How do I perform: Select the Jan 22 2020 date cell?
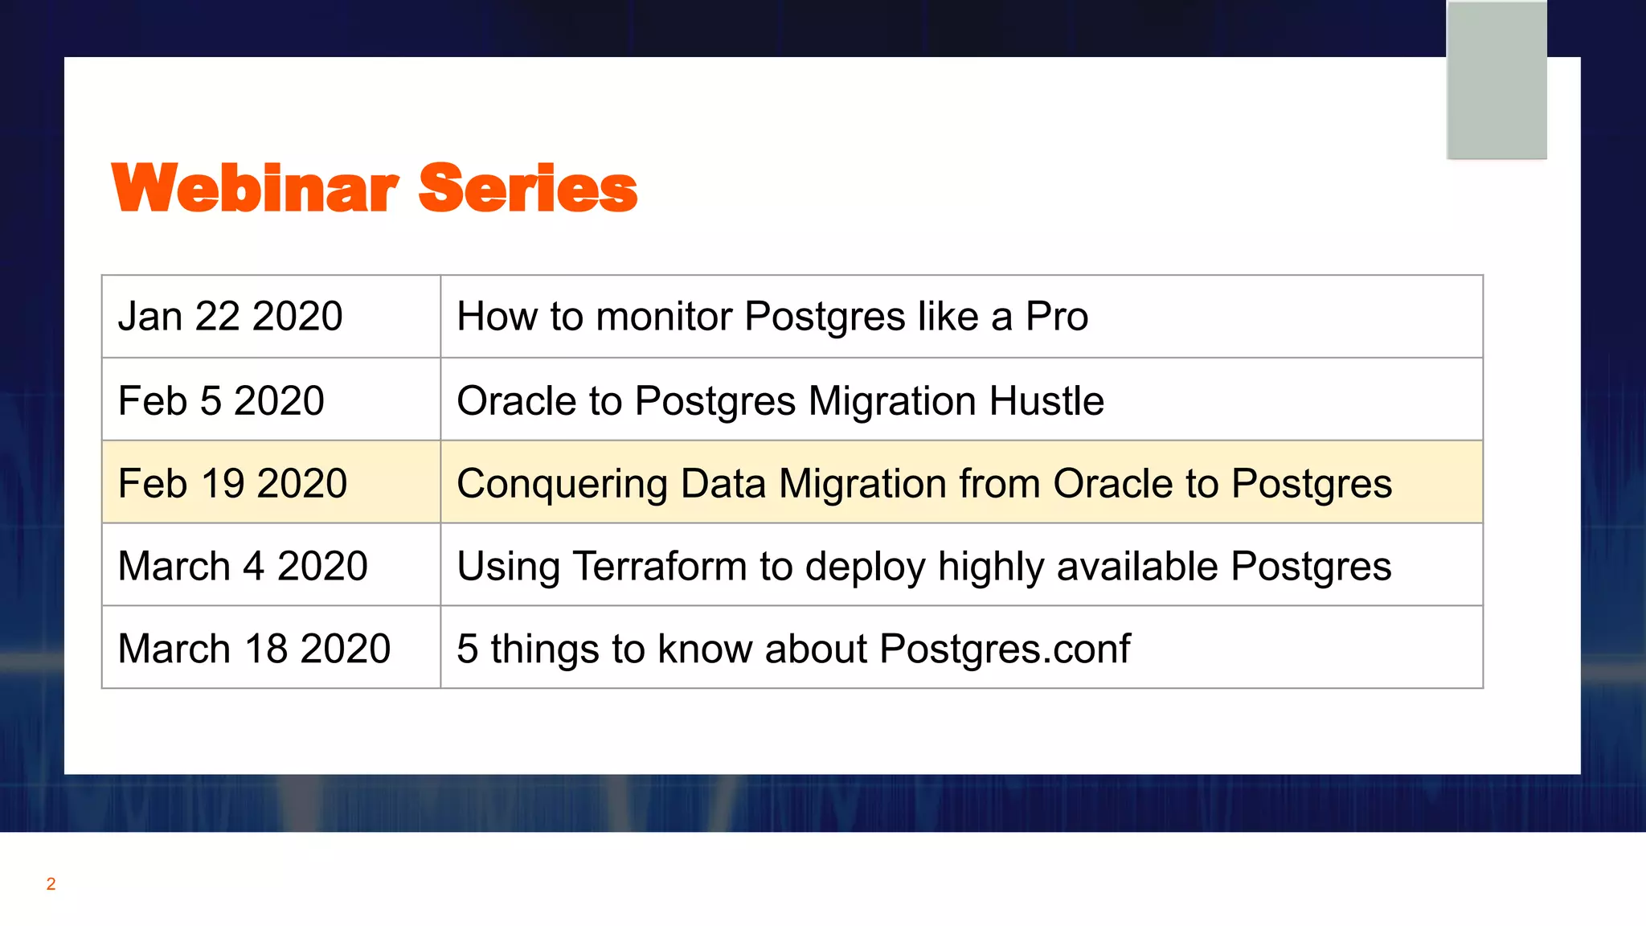pos(231,316)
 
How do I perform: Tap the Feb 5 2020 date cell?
pos(221,400)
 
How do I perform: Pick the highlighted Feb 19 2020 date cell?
pos(232,483)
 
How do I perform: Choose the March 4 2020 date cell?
pos(243,566)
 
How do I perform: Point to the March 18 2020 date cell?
pos(254,649)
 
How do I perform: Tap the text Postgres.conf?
pos(1005,649)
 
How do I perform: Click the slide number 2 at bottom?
pos(51,884)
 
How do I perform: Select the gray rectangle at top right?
pos(1497,80)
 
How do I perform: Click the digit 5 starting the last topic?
pos(467,649)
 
